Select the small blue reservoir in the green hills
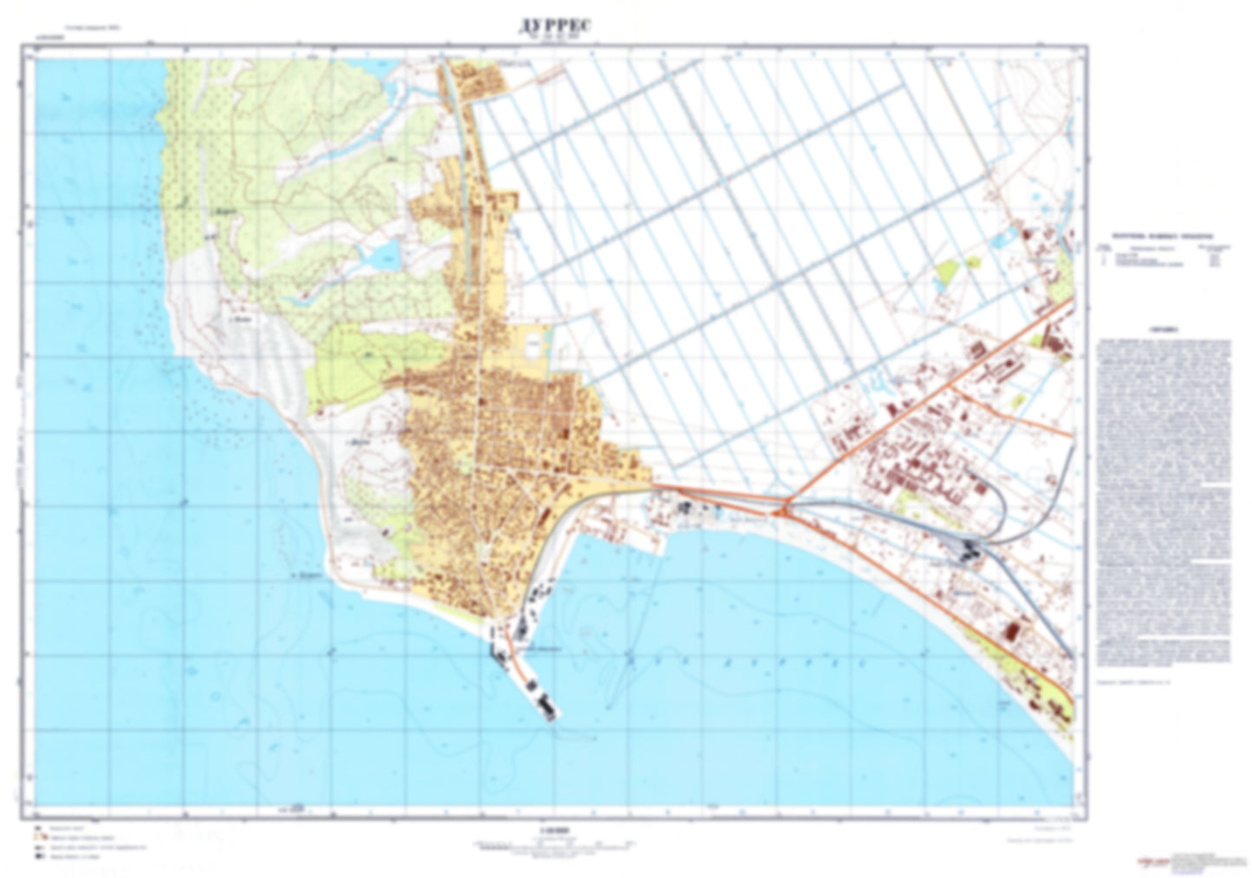click(x=382, y=254)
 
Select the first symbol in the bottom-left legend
click(x=38, y=829)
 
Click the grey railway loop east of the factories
click(x=999, y=511)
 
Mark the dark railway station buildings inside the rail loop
click(x=969, y=548)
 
